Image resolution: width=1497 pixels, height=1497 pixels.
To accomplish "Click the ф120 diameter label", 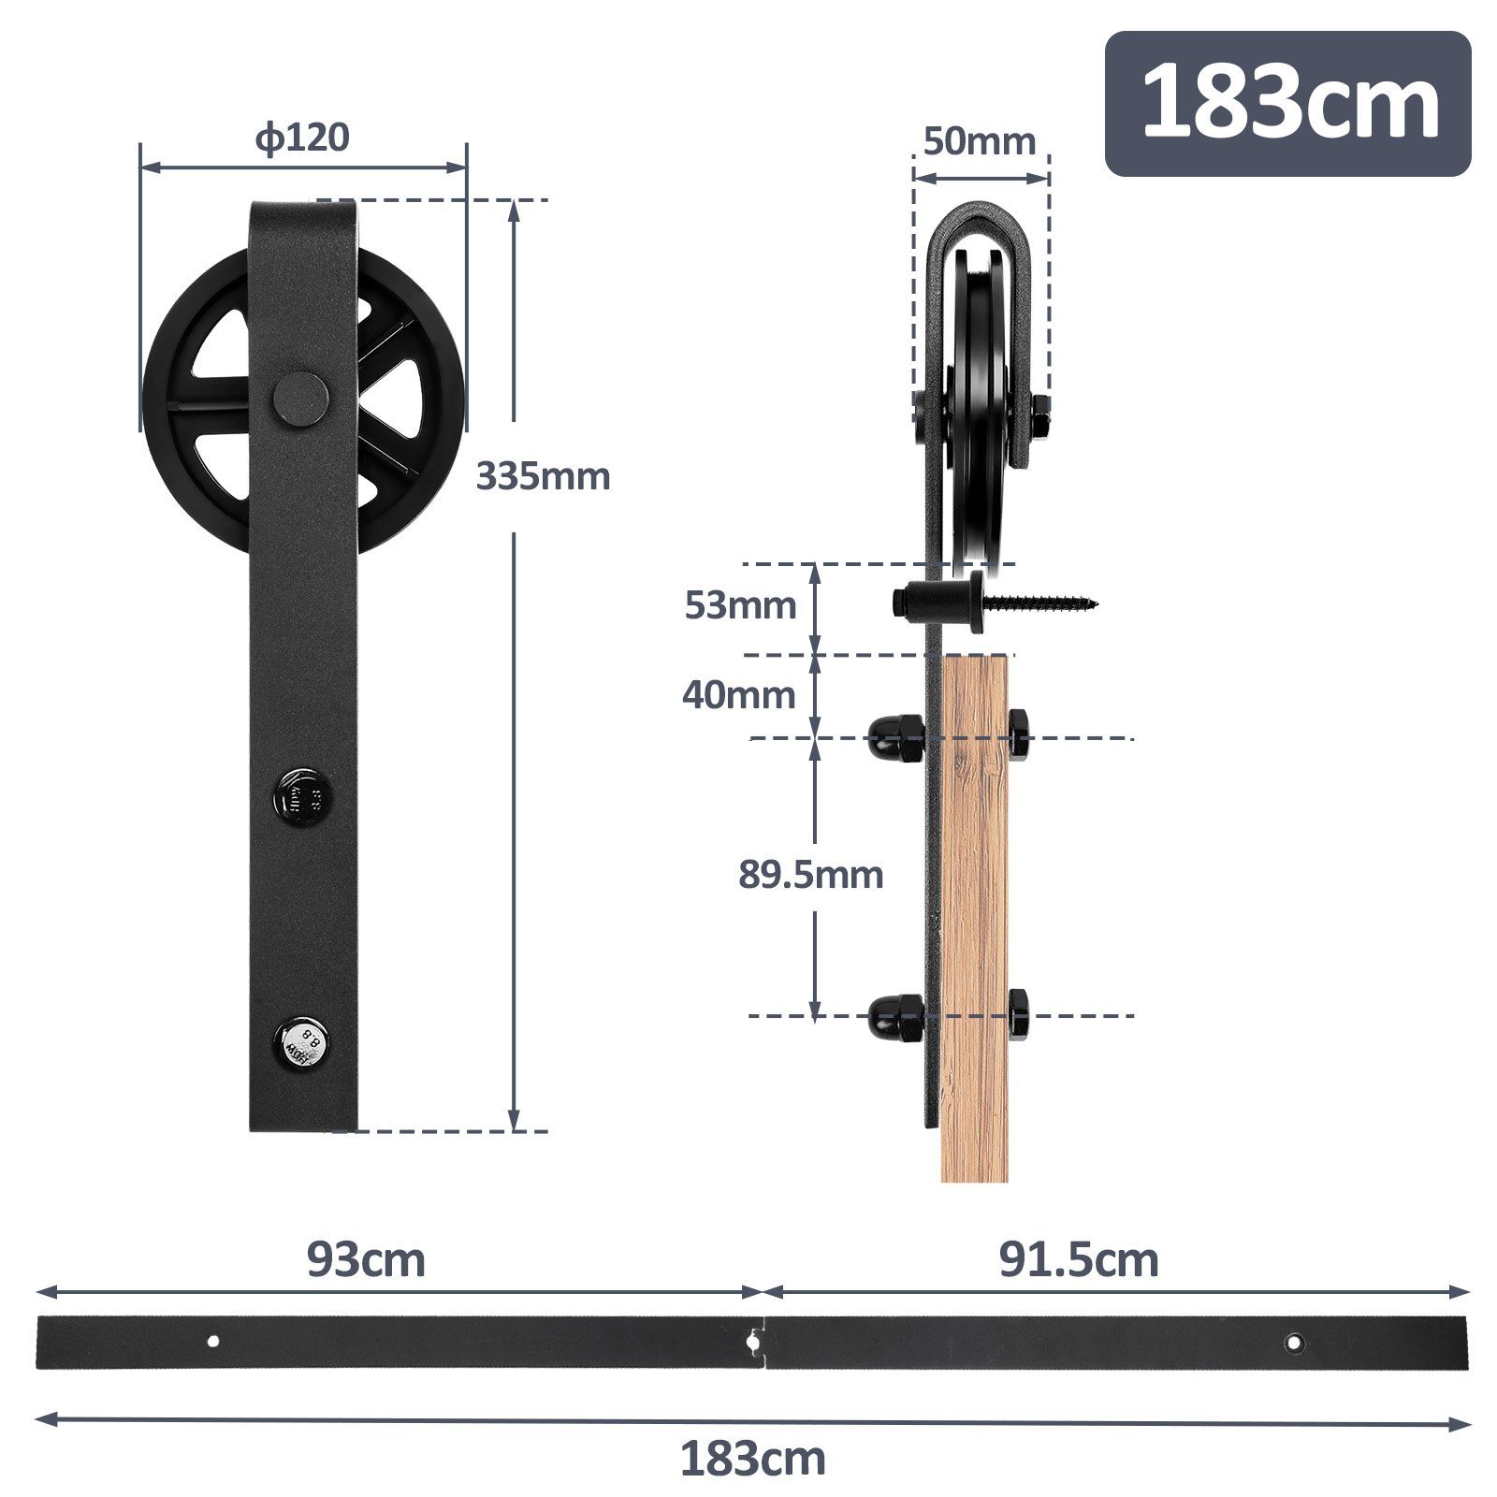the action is tap(302, 138).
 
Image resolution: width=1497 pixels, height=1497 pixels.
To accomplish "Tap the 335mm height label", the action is tap(543, 476).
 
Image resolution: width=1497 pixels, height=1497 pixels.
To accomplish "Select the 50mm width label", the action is tap(980, 142).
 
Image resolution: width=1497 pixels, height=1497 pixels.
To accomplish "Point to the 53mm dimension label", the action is tap(740, 605).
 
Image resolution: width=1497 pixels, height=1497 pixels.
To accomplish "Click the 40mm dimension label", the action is tap(738, 695).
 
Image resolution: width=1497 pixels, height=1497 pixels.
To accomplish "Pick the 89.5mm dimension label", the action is tap(810, 875).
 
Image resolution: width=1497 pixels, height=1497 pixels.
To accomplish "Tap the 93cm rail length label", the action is tap(366, 1260).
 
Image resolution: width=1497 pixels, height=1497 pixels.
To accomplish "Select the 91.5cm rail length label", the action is tap(1079, 1260).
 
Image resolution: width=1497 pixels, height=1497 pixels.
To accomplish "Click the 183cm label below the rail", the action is tap(752, 1459).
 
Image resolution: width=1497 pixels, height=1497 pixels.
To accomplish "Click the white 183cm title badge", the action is tap(1288, 103).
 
